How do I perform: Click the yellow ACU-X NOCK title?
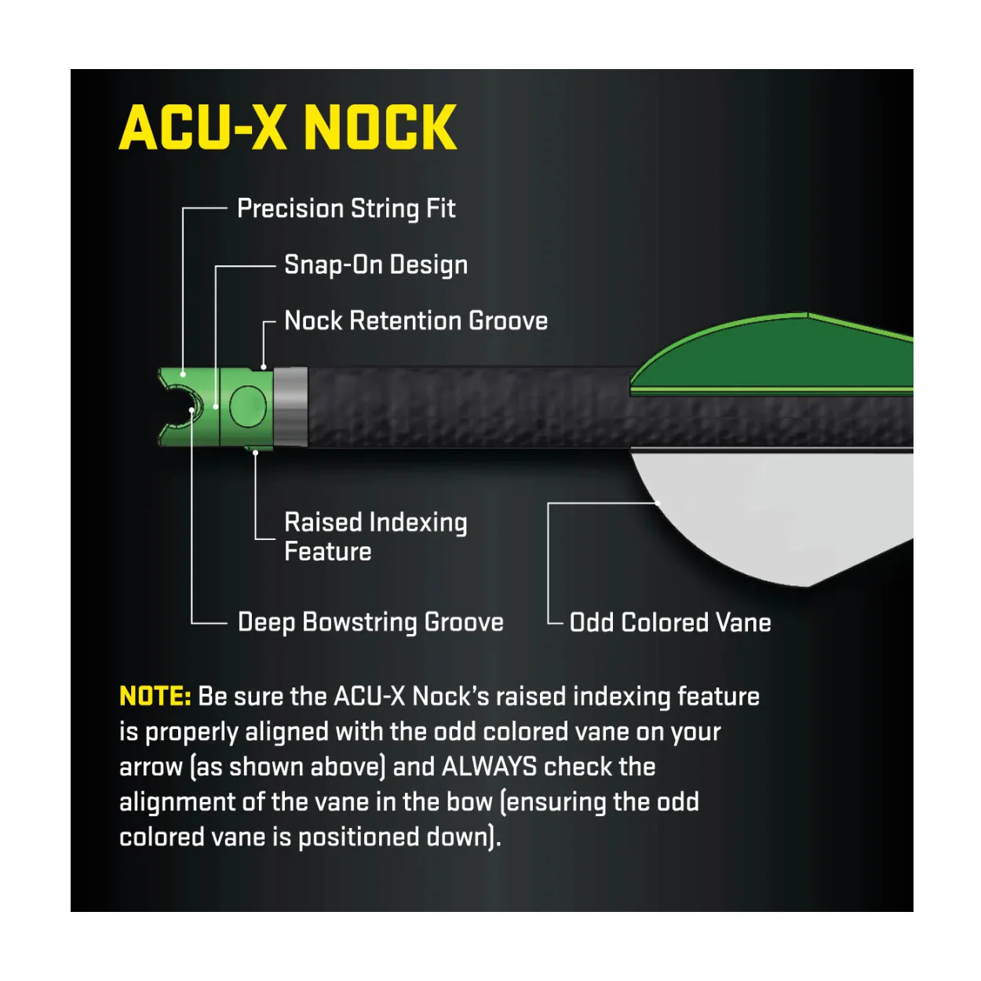287,127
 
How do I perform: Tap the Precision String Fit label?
346,210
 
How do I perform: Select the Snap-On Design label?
376,265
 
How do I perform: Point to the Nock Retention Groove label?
416,321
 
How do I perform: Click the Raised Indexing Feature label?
376,537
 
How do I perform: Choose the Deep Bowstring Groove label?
370,622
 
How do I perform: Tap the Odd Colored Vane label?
670,622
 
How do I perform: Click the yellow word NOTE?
155,696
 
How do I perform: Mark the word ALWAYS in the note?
489,766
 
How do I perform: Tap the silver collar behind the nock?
290,407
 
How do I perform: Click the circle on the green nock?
247,407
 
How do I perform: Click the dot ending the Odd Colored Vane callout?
658,503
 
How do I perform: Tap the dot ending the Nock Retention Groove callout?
263,367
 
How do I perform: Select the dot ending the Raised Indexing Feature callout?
256,453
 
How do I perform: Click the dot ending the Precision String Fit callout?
183,374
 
